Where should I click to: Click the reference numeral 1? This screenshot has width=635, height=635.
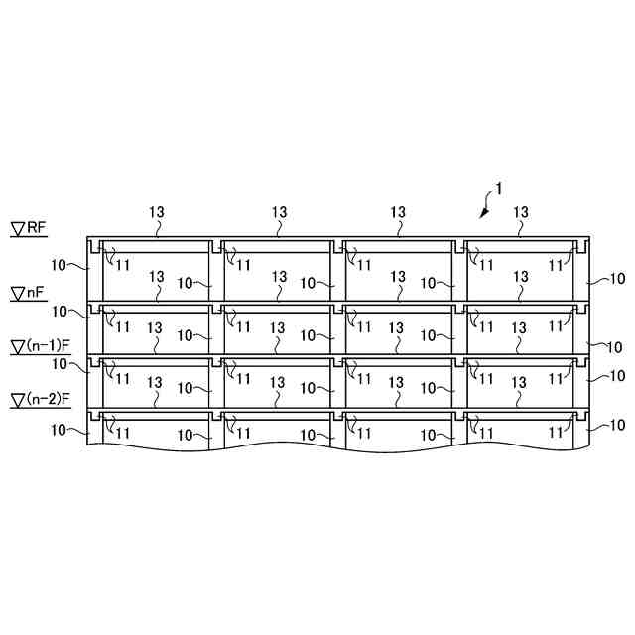(x=500, y=188)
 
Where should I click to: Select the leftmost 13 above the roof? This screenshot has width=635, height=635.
(x=157, y=212)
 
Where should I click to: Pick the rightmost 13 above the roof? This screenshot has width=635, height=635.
(x=521, y=212)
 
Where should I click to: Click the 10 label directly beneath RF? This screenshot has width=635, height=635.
(x=60, y=265)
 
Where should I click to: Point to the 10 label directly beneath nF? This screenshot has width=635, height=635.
(x=60, y=312)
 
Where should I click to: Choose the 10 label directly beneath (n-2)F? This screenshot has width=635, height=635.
(x=60, y=430)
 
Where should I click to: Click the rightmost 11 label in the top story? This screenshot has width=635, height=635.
(x=557, y=265)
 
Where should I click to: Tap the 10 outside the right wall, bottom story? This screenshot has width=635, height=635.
(x=615, y=425)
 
